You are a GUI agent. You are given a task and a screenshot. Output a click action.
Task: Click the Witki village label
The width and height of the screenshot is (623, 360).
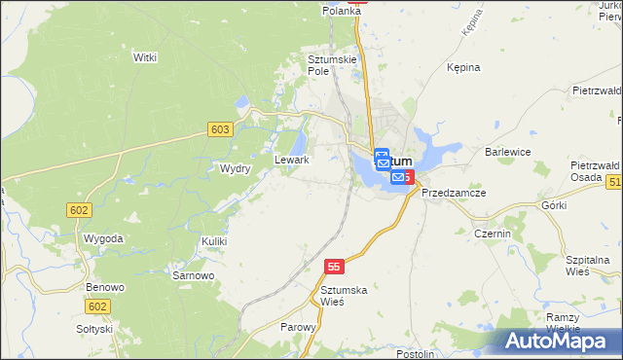coord(145,57)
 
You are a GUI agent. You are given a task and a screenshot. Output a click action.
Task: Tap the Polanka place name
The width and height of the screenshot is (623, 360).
coord(343,10)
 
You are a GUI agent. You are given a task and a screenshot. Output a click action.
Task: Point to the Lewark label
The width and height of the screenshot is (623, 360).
coord(292,160)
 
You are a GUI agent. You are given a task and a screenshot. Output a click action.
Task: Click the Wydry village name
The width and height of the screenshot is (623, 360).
coord(236,168)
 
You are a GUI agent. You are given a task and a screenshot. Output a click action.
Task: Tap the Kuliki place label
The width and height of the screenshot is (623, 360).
coord(214,240)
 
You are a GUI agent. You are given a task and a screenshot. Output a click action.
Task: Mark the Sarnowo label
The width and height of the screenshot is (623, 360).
coord(193,275)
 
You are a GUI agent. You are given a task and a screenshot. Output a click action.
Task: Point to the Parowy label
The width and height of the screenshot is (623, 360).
coord(298,327)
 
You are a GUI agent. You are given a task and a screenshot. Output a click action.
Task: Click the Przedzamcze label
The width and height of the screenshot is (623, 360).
coord(454,193)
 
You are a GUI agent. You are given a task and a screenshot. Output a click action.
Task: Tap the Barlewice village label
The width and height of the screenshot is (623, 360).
coord(507,152)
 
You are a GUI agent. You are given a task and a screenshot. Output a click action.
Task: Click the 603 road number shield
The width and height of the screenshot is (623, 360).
coord(220,129)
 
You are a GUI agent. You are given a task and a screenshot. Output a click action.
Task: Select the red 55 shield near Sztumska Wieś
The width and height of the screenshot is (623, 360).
coord(334,266)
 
